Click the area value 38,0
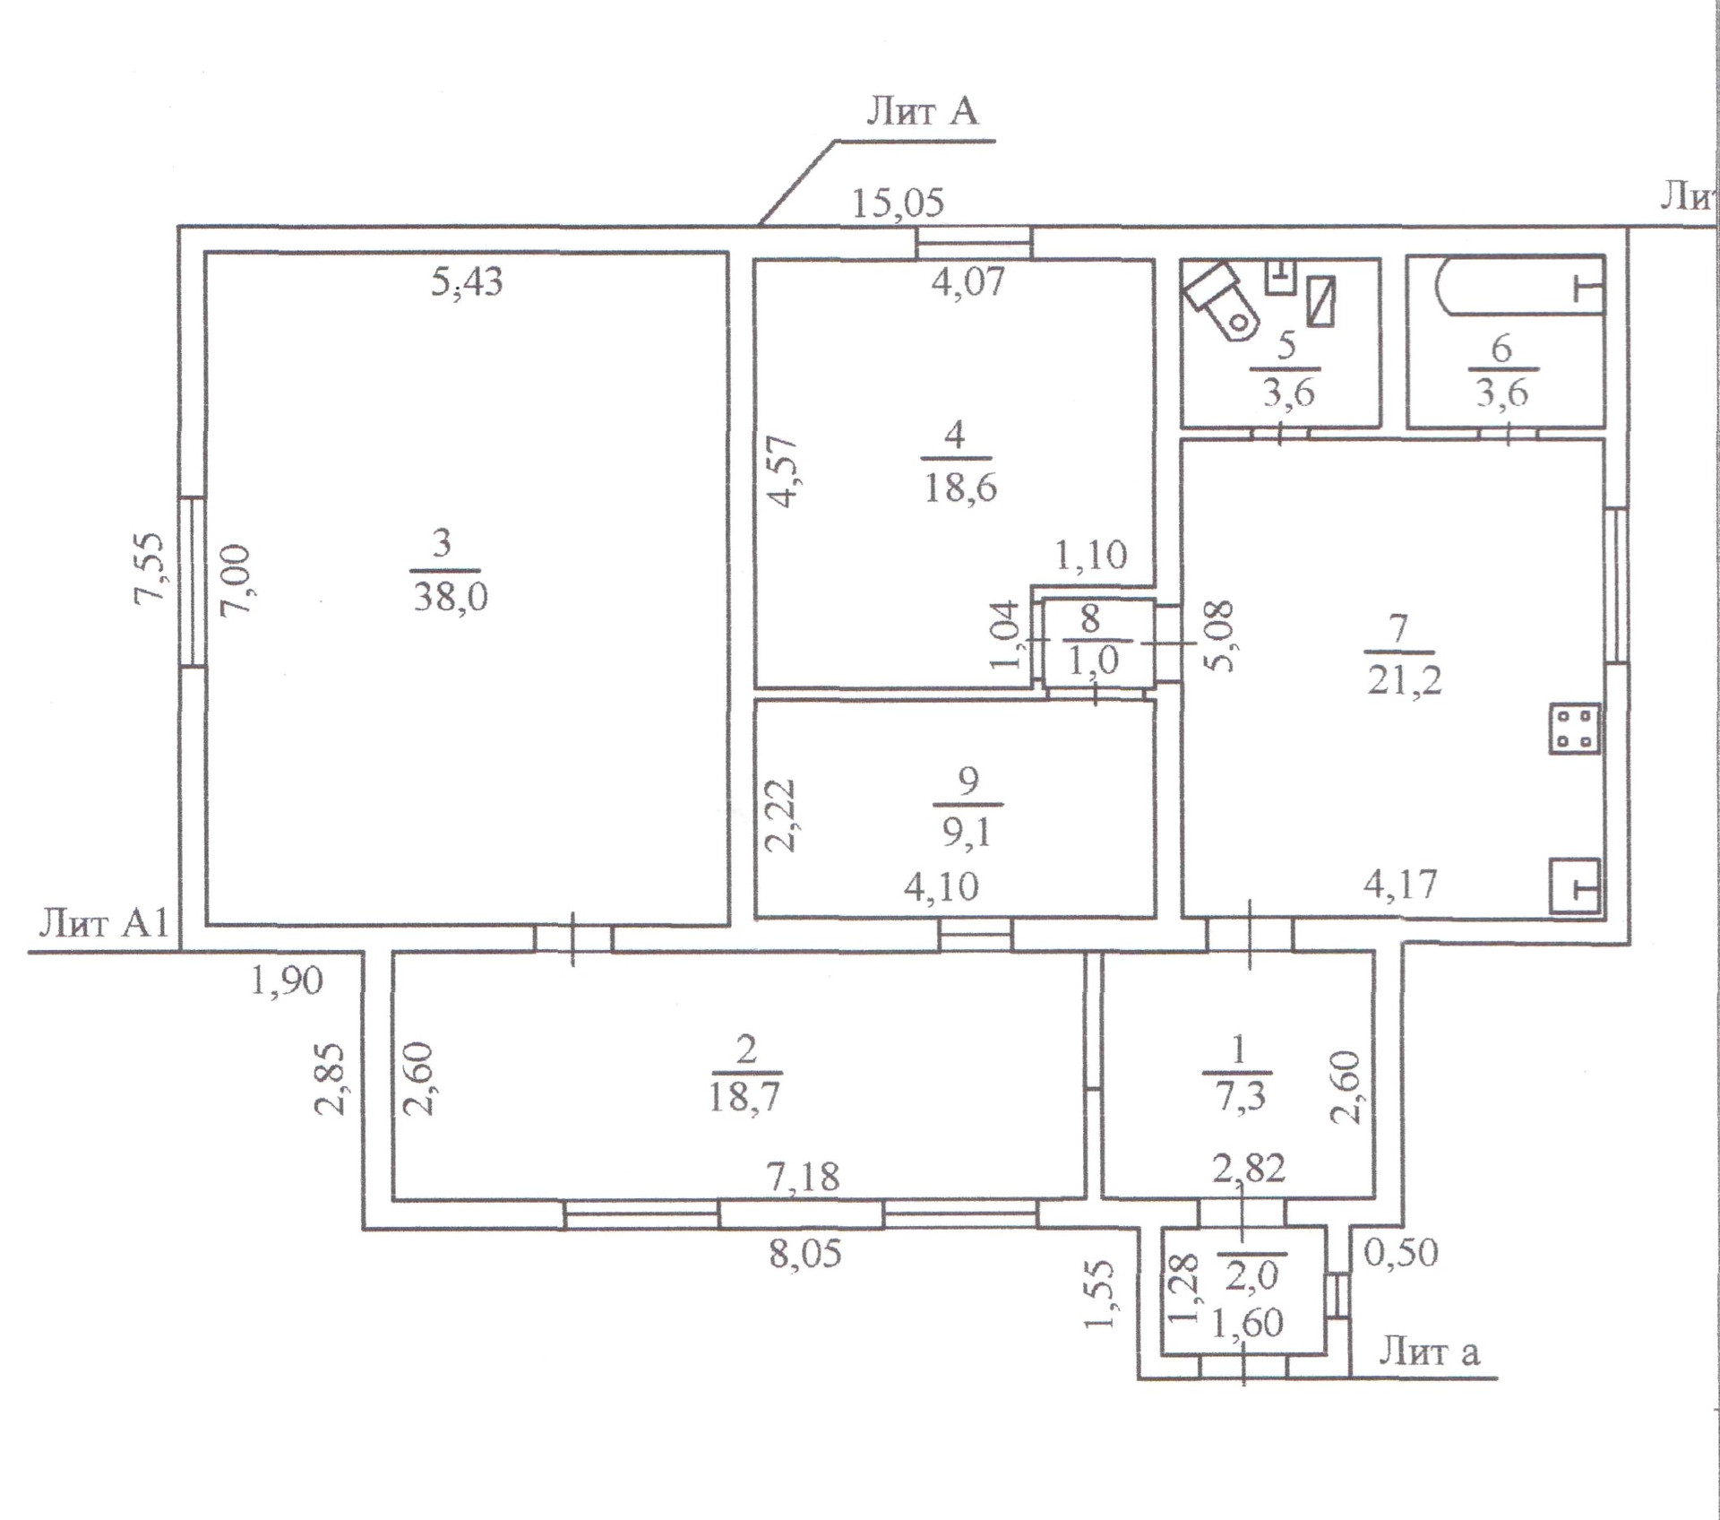[451, 595]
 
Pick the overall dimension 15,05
[898, 203]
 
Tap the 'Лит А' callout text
[922, 111]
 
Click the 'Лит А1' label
[103, 922]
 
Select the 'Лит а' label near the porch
[1429, 1351]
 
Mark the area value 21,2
[1405, 681]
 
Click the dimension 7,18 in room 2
[804, 1176]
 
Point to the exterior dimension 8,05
[805, 1254]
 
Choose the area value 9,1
[967, 833]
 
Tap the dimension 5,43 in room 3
[467, 282]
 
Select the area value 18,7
[744, 1095]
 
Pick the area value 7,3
[1240, 1095]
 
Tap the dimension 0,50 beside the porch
[1401, 1252]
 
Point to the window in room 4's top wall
[974, 242]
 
